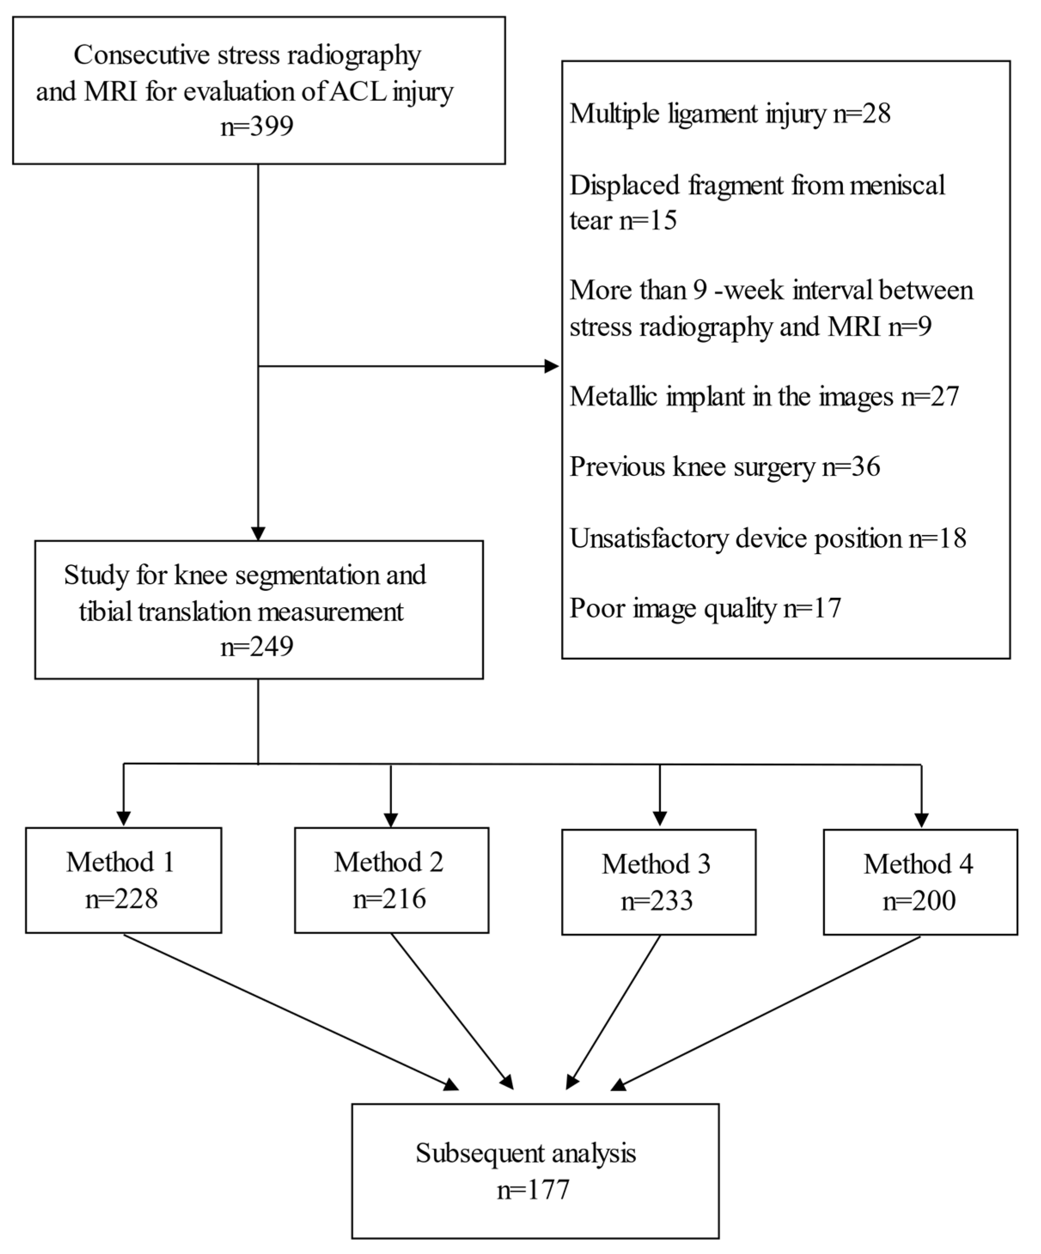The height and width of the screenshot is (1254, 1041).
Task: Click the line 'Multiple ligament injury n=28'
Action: click(x=730, y=113)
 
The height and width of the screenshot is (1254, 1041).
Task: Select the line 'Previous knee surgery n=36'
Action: click(x=724, y=466)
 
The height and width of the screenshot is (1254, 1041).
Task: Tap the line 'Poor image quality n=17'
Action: click(x=705, y=608)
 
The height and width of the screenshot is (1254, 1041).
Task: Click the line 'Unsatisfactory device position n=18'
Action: click(x=767, y=538)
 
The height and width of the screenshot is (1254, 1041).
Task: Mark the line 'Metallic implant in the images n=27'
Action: click(x=764, y=396)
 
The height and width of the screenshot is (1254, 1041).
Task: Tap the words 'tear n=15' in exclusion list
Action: click(x=623, y=220)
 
